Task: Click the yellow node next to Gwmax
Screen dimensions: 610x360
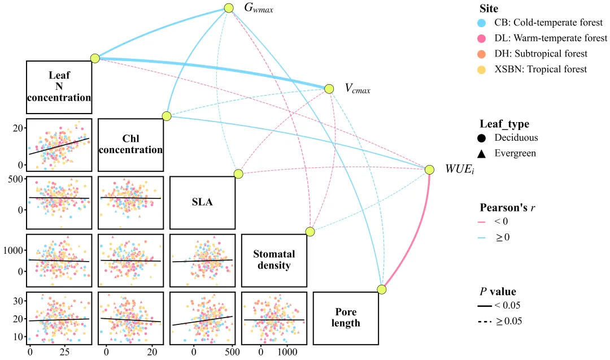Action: [229, 8]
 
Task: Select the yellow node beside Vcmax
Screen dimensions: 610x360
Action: [329, 89]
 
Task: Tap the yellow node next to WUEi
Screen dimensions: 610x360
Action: [429, 170]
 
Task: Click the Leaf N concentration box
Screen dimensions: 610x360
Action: [59, 87]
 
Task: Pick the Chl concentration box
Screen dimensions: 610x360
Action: [130, 145]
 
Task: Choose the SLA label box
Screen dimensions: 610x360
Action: [202, 202]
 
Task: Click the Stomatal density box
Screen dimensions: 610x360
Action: [274, 261]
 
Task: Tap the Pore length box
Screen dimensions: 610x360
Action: [346, 318]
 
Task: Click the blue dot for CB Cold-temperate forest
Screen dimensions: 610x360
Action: [482, 23]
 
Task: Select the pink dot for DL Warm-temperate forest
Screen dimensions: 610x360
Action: [482, 38]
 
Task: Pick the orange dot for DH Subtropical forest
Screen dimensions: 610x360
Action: [482, 54]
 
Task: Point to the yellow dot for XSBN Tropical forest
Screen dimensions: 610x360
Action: [482, 70]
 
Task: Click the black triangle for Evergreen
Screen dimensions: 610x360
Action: [482, 154]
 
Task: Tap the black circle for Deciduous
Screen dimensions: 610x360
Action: [482, 138]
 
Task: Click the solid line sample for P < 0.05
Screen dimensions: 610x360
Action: [485, 306]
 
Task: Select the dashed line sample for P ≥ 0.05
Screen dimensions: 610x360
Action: [485, 322]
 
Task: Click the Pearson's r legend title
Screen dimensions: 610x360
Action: [507, 208]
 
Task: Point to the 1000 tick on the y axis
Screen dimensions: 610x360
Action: [14, 250]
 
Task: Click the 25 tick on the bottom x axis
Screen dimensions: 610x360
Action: [64, 352]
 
